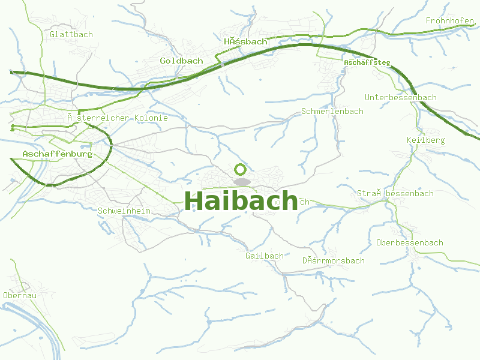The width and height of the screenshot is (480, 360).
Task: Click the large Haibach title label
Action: point(241,200)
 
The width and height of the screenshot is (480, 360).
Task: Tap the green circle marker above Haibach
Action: point(241,169)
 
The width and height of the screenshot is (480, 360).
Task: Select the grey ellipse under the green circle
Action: point(241,181)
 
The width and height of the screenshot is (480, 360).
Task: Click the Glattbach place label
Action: point(71,34)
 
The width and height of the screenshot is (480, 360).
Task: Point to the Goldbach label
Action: point(181,61)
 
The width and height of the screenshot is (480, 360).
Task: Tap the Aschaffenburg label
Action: point(57,154)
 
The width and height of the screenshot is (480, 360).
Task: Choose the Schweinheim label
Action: point(124,211)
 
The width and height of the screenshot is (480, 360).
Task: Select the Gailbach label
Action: point(264,256)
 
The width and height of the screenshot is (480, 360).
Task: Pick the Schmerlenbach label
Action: point(332,111)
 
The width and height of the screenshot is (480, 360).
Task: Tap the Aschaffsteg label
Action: point(367,62)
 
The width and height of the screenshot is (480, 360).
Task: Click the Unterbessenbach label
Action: point(401,97)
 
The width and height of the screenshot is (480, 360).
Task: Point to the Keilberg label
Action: point(425,140)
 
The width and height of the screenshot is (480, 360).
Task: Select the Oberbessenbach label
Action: point(410,242)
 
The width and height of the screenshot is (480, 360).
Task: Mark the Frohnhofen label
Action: point(450,20)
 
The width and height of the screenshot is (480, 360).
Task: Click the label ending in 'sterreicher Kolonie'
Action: point(117,118)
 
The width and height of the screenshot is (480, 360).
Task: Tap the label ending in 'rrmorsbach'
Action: point(333,260)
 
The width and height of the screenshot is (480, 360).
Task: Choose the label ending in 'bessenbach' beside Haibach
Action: point(395,193)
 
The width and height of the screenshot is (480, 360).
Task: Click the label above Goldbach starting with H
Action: point(245,41)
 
